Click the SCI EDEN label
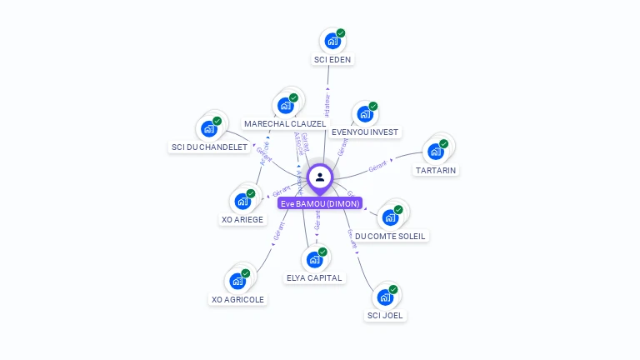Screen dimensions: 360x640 332,59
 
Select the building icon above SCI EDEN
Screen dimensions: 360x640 332,40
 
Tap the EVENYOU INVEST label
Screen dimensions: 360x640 365,132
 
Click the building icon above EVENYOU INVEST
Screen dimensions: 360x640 365,113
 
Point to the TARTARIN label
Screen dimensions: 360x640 436,170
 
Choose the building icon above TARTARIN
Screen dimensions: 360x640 435,151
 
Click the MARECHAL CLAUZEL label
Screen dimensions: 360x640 285,123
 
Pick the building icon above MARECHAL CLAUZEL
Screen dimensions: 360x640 286,105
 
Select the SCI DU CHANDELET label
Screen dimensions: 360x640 209,147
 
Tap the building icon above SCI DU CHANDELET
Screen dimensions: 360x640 208,129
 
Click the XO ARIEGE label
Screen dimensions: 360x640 242,220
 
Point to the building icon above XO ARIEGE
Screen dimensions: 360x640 242,201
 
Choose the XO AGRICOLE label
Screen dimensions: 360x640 237,299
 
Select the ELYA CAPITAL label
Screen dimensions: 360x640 314,277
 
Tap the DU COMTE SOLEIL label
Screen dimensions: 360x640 390,236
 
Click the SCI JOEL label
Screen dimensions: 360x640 385,315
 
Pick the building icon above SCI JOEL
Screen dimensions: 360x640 385,297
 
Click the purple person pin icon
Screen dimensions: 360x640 320,177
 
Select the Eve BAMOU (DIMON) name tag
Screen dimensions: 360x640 320,203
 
